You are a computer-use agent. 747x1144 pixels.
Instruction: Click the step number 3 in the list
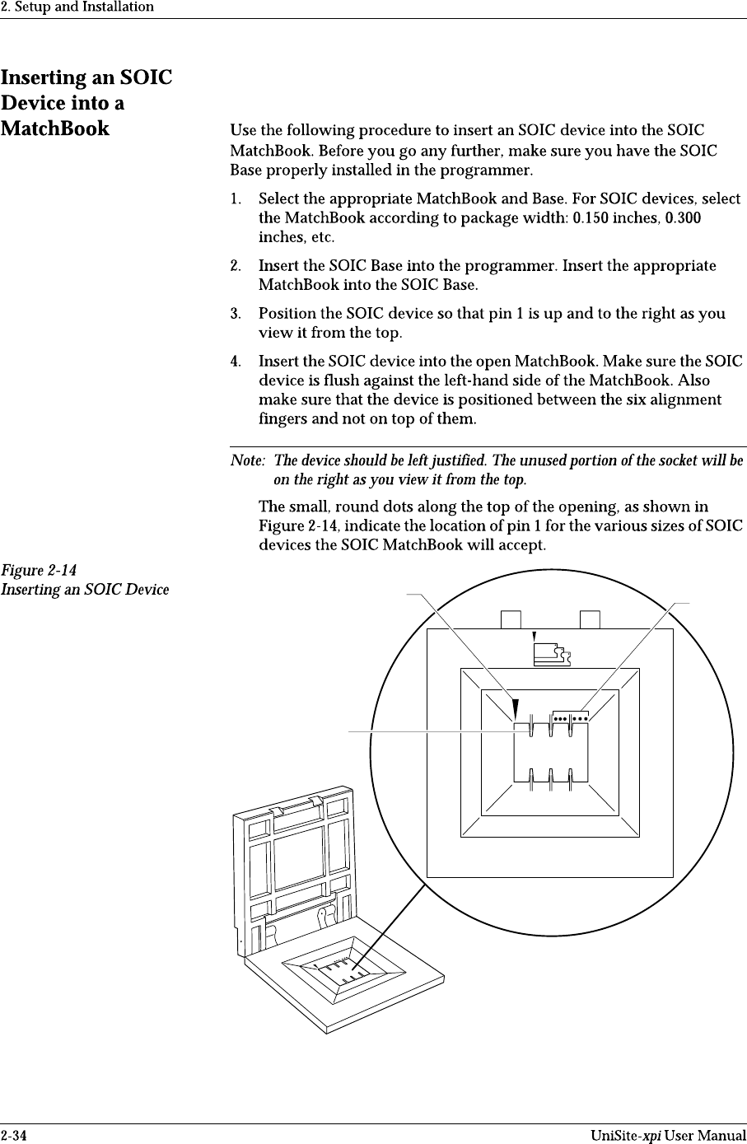(x=236, y=314)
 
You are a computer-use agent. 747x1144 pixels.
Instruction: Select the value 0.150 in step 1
(x=591, y=218)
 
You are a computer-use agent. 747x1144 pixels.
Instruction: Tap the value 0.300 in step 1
(x=683, y=218)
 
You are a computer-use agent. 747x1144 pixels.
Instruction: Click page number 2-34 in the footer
(x=13, y=1136)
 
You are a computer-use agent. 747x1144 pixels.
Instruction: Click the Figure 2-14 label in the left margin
(x=40, y=570)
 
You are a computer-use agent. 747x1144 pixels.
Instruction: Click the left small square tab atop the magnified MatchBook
(x=511, y=619)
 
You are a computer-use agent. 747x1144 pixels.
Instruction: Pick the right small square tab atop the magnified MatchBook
(x=590, y=619)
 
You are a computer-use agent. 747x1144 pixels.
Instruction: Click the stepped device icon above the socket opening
(x=552, y=655)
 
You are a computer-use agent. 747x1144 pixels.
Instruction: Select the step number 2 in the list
(x=236, y=266)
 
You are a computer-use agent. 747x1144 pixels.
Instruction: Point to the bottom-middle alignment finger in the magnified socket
(x=551, y=778)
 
